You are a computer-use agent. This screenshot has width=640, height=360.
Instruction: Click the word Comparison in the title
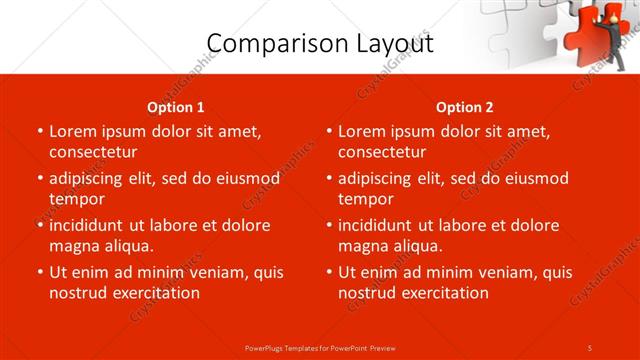coord(268,43)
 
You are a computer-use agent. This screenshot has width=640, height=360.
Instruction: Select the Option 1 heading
coord(175,107)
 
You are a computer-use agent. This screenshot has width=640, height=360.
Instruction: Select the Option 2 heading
coord(464,107)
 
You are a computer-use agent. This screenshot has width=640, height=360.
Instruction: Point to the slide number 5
coord(590,347)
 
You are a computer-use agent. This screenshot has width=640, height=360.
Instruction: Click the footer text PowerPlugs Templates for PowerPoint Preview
coord(320,347)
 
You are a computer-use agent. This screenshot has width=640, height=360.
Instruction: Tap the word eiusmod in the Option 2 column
coord(535,178)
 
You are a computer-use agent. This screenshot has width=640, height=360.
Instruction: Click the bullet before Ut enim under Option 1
coord(39,272)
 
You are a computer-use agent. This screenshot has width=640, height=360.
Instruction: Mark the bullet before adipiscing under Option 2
coord(328,178)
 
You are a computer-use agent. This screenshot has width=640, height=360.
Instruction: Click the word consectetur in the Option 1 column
coord(93,152)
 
